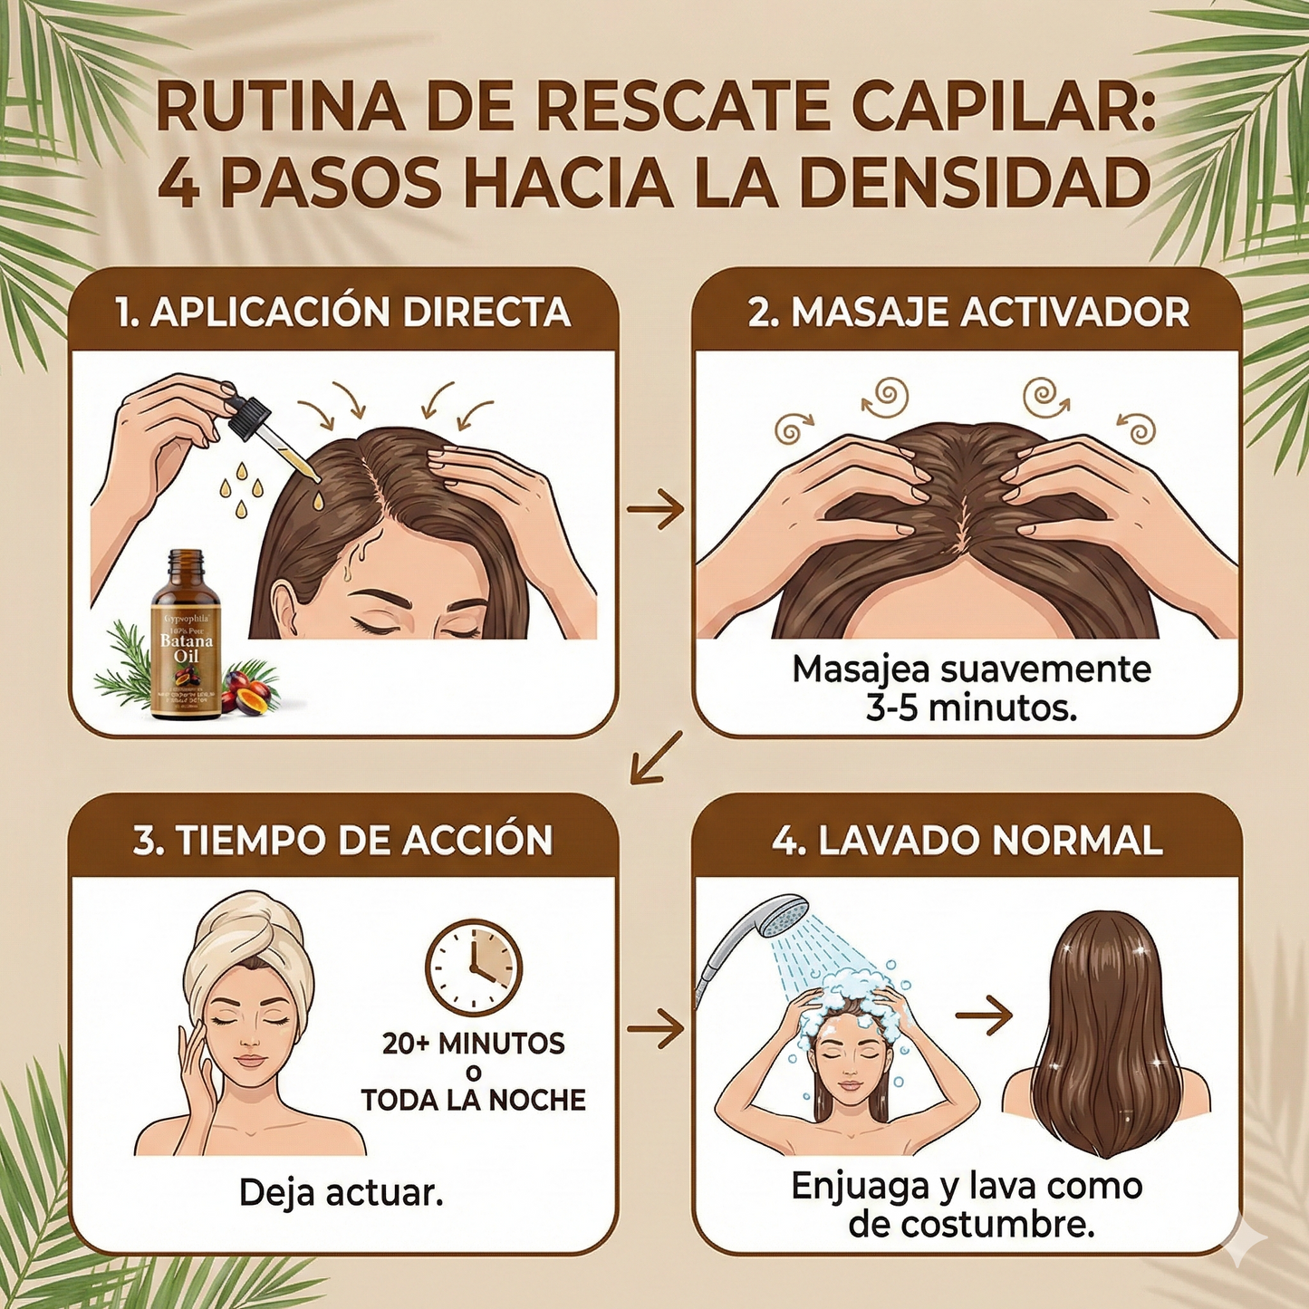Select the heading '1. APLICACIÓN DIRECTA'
(342, 313)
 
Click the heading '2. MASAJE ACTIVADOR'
(967, 313)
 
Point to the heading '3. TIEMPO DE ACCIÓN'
(342, 840)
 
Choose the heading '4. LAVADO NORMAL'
(967, 840)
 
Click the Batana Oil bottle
(186, 639)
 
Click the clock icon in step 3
(473, 967)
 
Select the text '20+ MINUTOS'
(473, 1044)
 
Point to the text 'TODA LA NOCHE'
(473, 1100)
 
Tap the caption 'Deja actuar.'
(342, 1193)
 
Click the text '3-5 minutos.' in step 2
(971, 707)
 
